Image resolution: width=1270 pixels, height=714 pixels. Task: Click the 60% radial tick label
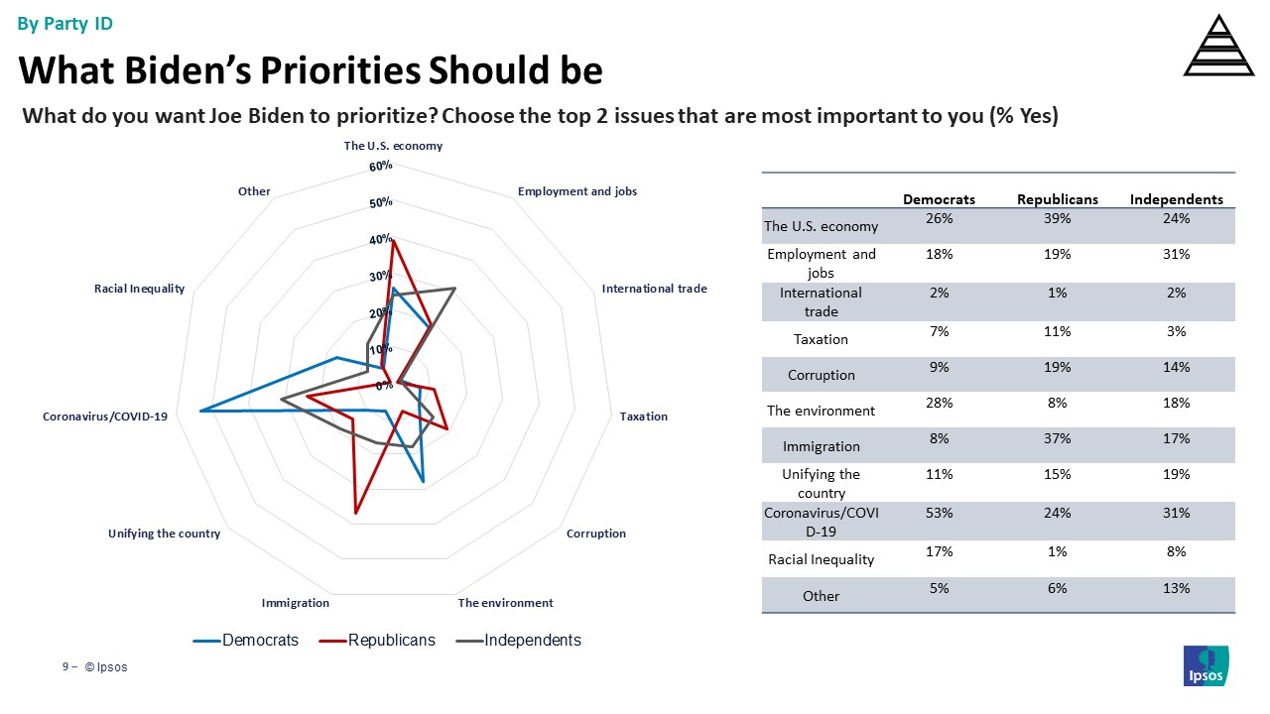coord(381,167)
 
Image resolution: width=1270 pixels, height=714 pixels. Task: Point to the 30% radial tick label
coord(381,277)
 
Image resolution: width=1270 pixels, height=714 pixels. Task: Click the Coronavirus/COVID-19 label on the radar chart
coord(105,416)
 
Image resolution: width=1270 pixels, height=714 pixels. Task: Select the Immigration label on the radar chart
coord(295,603)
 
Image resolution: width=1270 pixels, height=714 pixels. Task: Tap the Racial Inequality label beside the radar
coord(139,289)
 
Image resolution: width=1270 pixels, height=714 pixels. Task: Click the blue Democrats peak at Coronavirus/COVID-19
coord(201,411)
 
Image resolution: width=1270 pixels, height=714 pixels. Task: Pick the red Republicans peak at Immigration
coord(355,514)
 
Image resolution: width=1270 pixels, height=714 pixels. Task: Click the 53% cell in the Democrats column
coord(939,515)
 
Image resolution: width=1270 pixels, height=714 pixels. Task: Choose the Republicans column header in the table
coord(1057,199)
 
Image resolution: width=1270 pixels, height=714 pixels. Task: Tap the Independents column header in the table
coord(1176,199)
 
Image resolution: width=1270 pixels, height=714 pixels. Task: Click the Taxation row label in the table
coord(821,339)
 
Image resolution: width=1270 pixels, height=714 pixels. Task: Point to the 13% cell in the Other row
coord(1176,588)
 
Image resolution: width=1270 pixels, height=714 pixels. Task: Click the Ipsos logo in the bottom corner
coord(1206,665)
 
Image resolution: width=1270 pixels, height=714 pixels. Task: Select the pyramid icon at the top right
coord(1218,46)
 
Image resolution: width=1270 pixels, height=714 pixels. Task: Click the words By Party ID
coord(65,24)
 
